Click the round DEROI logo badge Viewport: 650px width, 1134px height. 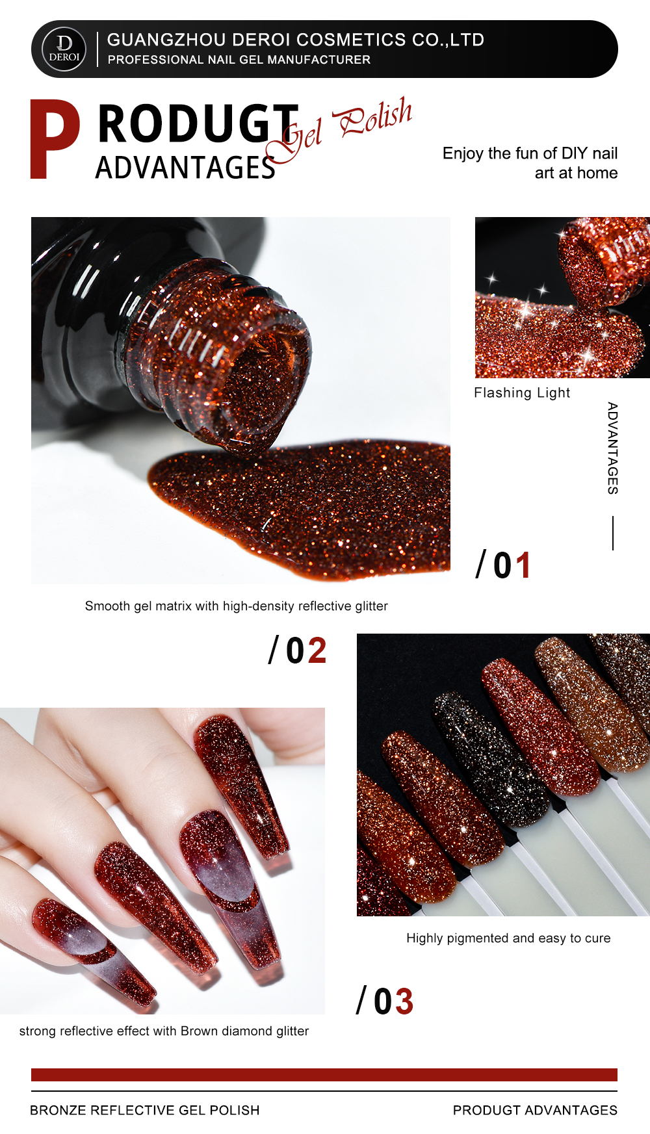pyautogui.click(x=64, y=49)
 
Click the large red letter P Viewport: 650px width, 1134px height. pyautogui.click(x=55, y=139)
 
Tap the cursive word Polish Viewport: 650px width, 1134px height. pyautogui.click(x=373, y=118)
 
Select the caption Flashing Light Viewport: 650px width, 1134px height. pyautogui.click(x=522, y=393)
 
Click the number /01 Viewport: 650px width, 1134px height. pyautogui.click(x=504, y=565)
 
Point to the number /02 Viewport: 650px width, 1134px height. pyautogui.click(x=298, y=651)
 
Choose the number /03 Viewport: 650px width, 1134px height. pyautogui.click(x=385, y=1001)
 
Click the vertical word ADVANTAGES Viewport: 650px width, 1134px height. pyautogui.click(x=612, y=448)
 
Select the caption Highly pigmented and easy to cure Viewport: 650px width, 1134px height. pyautogui.click(x=508, y=938)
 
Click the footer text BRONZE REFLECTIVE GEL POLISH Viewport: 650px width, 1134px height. pyautogui.click(x=145, y=1110)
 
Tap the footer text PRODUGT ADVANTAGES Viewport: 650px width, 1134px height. pyautogui.click(x=536, y=1110)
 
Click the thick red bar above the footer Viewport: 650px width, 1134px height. pyautogui.click(x=324, y=1075)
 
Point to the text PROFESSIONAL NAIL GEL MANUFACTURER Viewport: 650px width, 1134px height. pyautogui.click(x=239, y=60)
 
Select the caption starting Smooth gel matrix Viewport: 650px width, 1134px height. pyautogui.click(x=237, y=606)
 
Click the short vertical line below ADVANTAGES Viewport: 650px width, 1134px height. pyautogui.click(x=613, y=533)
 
